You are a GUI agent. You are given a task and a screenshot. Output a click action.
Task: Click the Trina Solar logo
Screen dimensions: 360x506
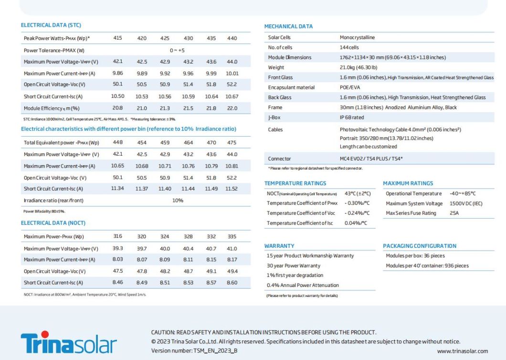point(68,342)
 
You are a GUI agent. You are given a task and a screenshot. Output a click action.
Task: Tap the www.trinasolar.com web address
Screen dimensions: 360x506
point(463,351)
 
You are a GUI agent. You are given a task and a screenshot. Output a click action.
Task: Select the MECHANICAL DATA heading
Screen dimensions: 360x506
point(288,26)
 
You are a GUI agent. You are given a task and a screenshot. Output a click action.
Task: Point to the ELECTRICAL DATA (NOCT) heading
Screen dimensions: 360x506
point(53,223)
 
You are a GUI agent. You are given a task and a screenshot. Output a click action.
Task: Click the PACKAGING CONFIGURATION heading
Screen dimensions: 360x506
point(420,246)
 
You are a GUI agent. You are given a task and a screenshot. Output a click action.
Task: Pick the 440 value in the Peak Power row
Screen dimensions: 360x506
point(232,38)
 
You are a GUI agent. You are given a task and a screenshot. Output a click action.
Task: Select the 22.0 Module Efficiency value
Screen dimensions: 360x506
point(232,108)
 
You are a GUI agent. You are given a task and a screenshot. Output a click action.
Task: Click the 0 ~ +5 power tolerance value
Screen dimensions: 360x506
point(177,50)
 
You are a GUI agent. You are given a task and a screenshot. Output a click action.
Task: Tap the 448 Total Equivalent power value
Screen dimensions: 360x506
point(117,142)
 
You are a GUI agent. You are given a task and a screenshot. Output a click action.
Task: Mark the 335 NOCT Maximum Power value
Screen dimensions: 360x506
point(232,236)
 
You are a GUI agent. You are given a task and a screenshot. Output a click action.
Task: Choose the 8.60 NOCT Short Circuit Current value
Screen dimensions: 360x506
point(232,283)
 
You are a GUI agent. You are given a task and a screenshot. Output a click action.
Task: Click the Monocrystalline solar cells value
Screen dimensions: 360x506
point(357,37)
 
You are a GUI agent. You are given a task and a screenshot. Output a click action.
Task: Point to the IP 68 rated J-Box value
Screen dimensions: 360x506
point(352,117)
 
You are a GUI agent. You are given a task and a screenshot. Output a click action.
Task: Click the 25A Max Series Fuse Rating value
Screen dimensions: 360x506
point(454,213)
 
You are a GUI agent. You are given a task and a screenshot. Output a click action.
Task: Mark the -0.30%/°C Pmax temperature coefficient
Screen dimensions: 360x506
point(357,203)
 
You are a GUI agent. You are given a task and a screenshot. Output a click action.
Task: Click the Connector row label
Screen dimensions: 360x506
point(279,159)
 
